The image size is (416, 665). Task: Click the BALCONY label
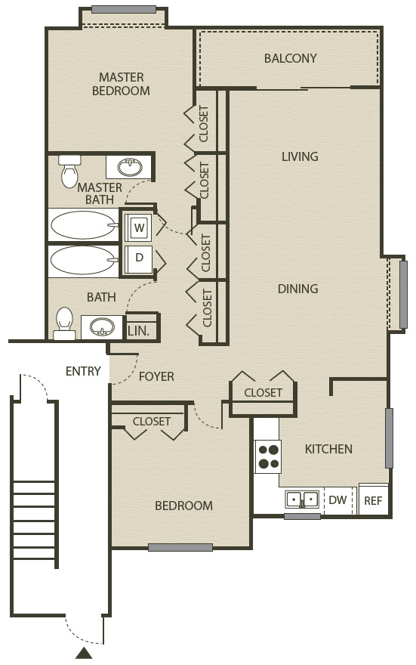(x=290, y=58)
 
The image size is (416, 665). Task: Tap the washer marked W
(x=138, y=227)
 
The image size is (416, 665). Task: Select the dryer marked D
(x=138, y=258)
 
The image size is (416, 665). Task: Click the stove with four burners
(x=268, y=456)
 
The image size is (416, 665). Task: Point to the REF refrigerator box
(x=373, y=500)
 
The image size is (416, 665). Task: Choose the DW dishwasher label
(x=337, y=500)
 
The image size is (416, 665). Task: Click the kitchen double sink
(x=302, y=500)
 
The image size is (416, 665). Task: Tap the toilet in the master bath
(x=69, y=171)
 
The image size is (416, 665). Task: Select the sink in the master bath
(x=130, y=167)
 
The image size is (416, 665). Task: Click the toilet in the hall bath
(x=64, y=323)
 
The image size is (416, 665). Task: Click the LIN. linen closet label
(x=138, y=331)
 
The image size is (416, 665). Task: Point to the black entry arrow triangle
(x=85, y=653)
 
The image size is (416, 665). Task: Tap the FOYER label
(x=156, y=376)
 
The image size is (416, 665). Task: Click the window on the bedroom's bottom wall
(x=180, y=548)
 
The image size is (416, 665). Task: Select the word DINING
(x=297, y=289)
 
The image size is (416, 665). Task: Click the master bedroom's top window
(x=124, y=9)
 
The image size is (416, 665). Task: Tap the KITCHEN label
(x=328, y=449)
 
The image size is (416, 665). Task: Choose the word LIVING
(x=300, y=156)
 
